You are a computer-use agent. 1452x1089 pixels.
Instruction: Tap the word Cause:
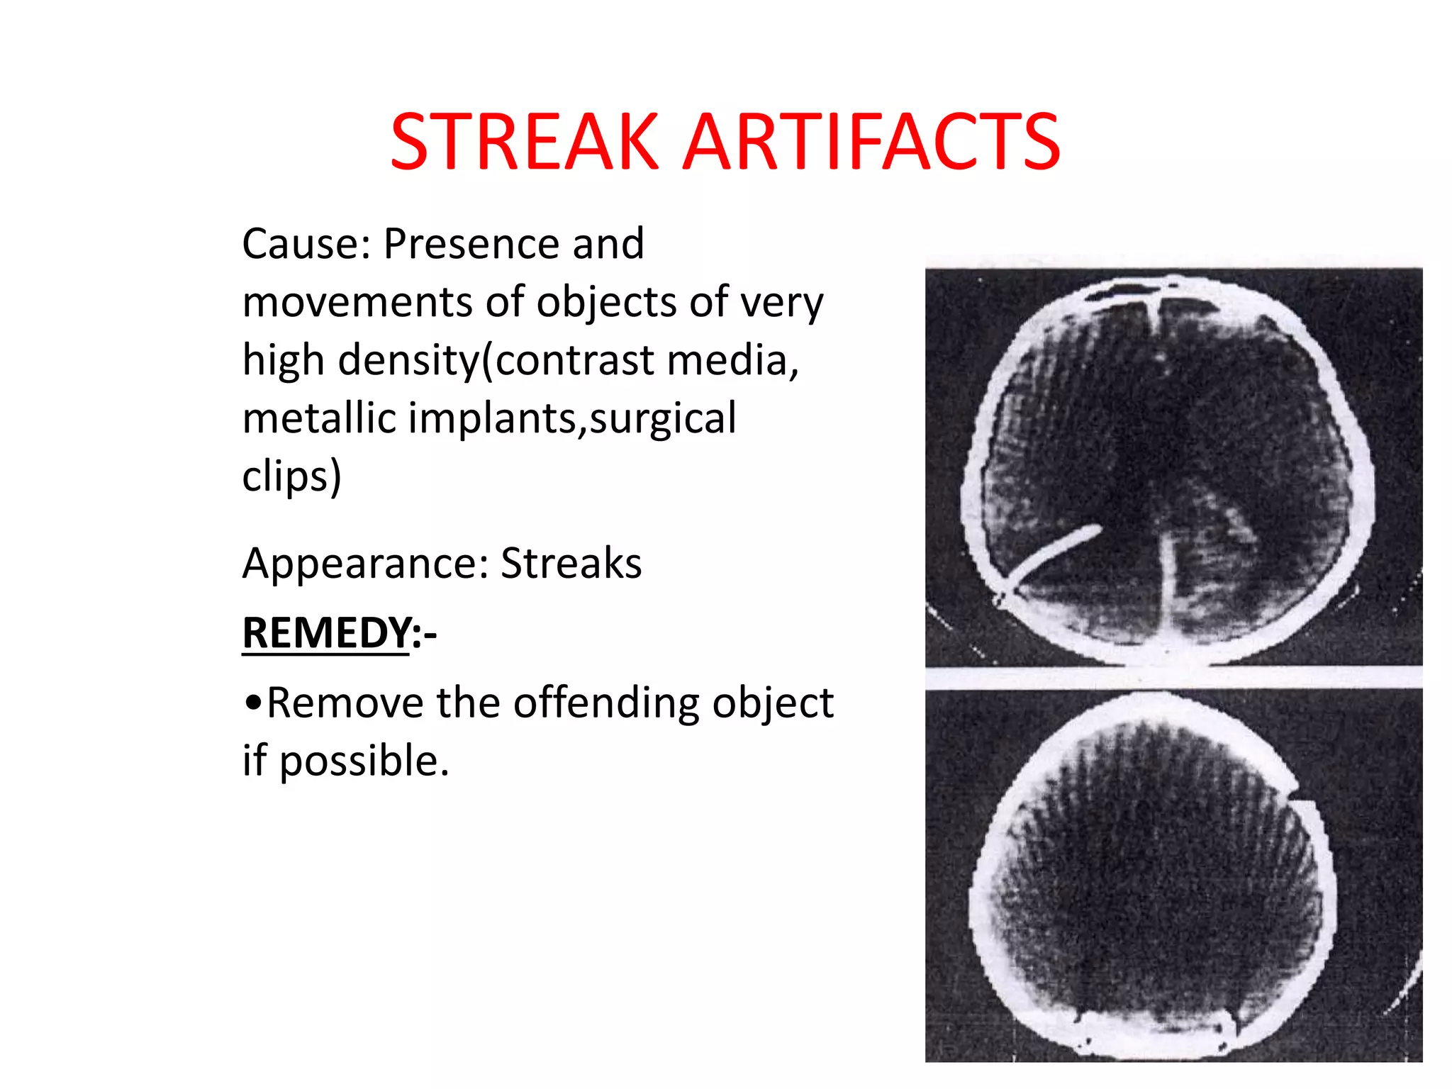pyautogui.click(x=306, y=244)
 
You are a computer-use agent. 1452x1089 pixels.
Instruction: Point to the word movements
pyautogui.click(x=357, y=303)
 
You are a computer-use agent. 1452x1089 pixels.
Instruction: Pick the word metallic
pyautogui.click(x=318, y=418)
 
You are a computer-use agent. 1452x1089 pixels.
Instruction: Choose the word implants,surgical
pyautogui.click(x=571, y=418)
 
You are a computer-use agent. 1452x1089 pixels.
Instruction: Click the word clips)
pyautogui.click(x=291, y=476)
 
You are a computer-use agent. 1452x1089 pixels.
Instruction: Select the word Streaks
pyautogui.click(x=571, y=564)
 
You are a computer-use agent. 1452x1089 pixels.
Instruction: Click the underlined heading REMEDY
pyautogui.click(x=326, y=632)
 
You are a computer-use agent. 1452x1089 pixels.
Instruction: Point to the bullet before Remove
pyautogui.click(x=252, y=703)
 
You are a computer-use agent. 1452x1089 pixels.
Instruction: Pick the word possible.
pyautogui.click(x=364, y=761)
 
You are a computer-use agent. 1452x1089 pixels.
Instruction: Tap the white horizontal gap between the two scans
pyautogui.click(x=1173, y=678)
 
